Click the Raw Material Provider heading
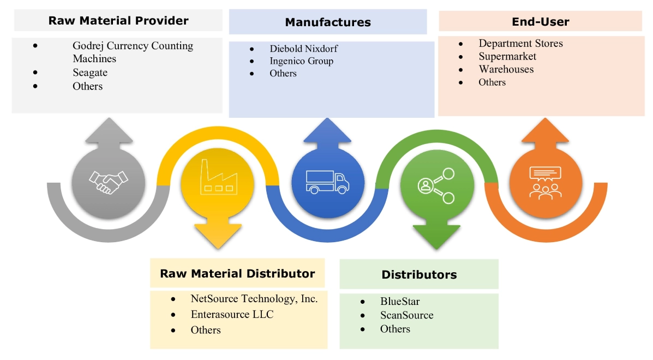(118, 21)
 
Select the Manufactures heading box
(328, 22)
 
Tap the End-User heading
(540, 22)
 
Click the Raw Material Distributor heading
(237, 273)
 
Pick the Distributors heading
(419, 274)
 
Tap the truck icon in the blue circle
(327, 181)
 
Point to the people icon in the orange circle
(544, 183)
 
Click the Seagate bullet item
(90, 73)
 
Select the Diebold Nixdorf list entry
(303, 49)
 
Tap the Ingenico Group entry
(301, 61)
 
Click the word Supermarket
(507, 56)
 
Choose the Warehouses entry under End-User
(506, 69)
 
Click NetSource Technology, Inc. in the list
(254, 298)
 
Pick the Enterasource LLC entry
(232, 314)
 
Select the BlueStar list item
(400, 301)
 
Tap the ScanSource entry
(406, 315)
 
